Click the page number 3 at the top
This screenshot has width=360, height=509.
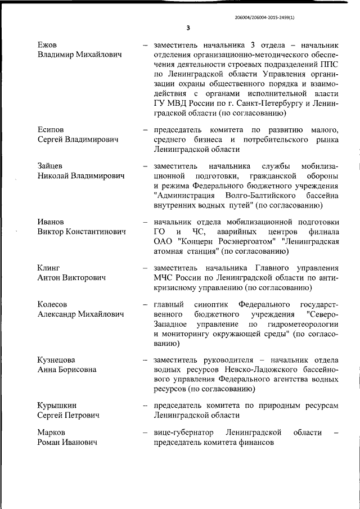(x=188, y=28)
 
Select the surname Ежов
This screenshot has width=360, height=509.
(x=47, y=45)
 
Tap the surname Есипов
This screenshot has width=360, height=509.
(x=51, y=130)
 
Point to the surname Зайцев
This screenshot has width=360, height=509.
(x=50, y=166)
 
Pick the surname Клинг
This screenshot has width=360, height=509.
(x=48, y=268)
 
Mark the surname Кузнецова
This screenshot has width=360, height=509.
(x=56, y=360)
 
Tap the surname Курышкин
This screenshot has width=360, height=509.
(x=57, y=406)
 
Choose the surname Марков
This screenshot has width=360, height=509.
(x=51, y=433)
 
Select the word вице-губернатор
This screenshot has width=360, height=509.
(x=184, y=433)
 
